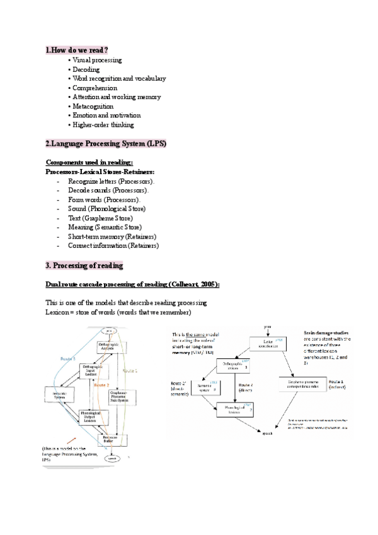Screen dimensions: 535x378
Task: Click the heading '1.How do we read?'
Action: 77,49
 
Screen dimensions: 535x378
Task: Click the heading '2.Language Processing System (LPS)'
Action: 106,144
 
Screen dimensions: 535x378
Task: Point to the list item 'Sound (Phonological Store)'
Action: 107,208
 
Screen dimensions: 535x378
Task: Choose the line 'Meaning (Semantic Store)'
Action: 105,226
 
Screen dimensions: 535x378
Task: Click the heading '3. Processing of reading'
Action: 84,265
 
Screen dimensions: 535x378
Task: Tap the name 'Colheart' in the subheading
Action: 182,285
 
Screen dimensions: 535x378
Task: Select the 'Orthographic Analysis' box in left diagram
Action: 108,347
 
